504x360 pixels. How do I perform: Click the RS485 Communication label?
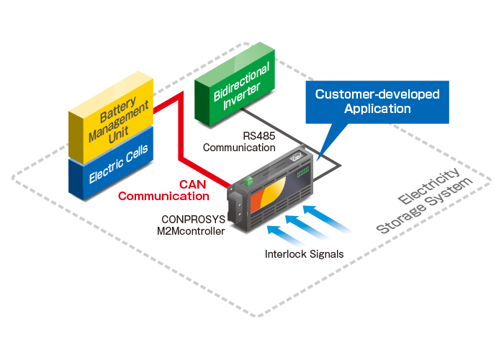click(x=238, y=142)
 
